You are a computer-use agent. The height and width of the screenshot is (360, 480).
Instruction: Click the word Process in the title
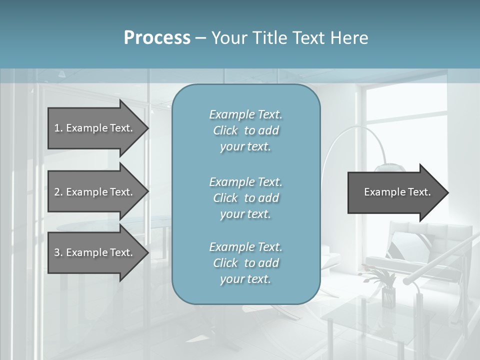157,38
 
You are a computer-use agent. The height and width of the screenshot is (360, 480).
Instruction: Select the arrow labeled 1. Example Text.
95,128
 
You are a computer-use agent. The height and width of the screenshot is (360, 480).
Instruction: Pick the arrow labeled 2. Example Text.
95,192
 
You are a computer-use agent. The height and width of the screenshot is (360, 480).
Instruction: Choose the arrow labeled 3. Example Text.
95,252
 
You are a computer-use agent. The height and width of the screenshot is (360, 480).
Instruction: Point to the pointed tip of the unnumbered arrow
447,192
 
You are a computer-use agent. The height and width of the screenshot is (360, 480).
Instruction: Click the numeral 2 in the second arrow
57,192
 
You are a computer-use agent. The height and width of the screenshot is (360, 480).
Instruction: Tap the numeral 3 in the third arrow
57,252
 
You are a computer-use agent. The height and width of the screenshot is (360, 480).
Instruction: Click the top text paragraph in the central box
245,130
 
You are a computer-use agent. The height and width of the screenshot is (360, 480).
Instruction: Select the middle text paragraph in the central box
245,197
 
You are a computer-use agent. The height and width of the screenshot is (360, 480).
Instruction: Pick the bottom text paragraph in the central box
245,263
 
